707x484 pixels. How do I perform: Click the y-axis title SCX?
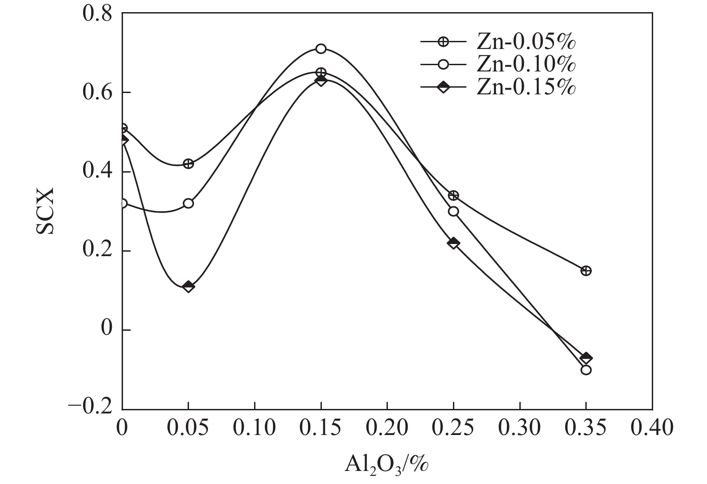(45, 211)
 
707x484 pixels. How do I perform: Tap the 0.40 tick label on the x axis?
(652, 427)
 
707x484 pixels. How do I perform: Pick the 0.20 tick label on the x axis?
(387, 427)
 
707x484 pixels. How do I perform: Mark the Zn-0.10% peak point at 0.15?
(321, 49)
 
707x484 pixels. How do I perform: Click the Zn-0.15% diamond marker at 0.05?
(189, 286)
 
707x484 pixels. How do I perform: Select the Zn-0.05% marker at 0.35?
(586, 271)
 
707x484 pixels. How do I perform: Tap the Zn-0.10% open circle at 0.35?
(586, 370)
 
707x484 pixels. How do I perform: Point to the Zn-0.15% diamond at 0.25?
(453, 243)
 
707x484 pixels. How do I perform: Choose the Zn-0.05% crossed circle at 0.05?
(189, 164)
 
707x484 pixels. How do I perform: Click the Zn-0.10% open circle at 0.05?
(189, 203)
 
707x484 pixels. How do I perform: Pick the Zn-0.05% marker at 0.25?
(453, 195)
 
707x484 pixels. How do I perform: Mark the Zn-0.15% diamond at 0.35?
(586, 358)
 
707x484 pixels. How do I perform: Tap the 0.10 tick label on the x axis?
(255, 427)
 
